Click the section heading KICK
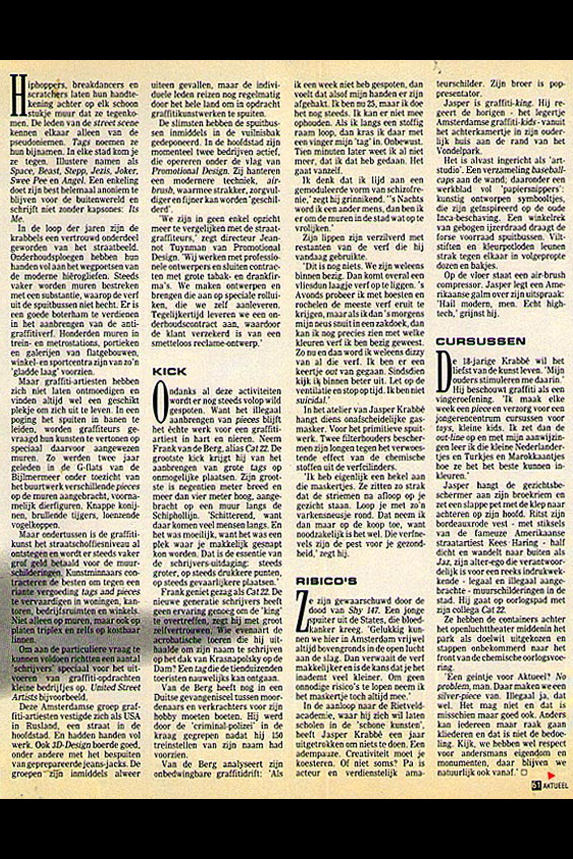pos(170,371)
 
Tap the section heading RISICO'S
pos(326,581)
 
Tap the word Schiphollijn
pos(176,515)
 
